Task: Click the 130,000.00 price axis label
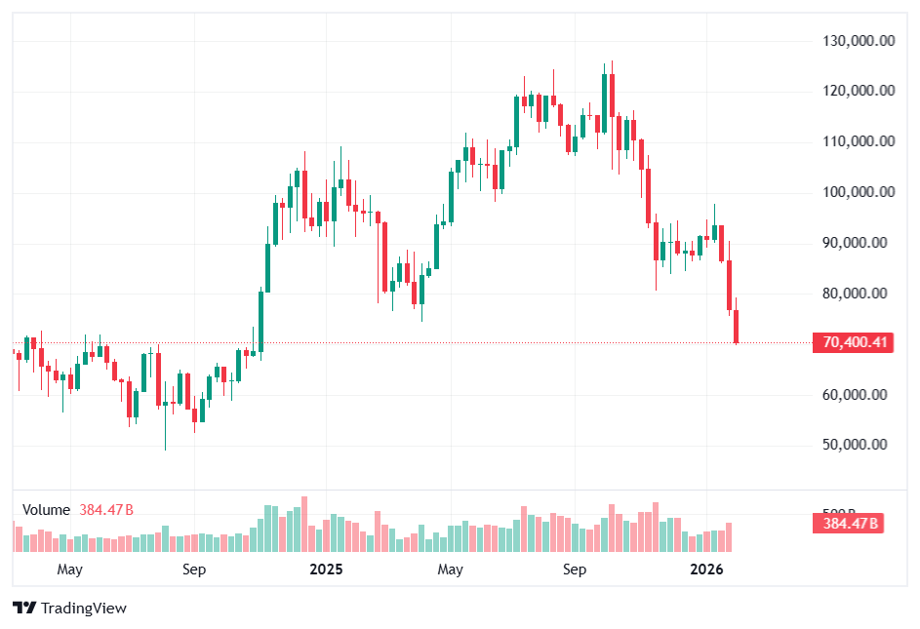860,41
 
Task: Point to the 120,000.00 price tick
860,91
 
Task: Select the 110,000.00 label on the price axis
860,141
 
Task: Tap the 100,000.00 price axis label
860,192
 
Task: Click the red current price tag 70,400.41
855,342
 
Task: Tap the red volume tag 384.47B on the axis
851,524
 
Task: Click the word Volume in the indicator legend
46,510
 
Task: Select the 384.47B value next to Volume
106,510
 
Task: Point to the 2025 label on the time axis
324,569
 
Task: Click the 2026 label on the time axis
705,569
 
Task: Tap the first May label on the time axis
69,569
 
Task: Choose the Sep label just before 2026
575,569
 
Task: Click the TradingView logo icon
24,609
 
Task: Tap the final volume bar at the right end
729,537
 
